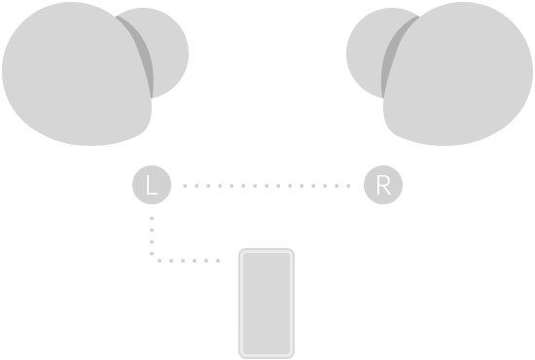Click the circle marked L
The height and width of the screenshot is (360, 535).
point(151,184)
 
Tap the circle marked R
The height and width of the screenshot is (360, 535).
point(382,184)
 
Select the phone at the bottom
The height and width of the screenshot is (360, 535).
point(266,305)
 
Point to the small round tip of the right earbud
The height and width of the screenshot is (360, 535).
point(370,54)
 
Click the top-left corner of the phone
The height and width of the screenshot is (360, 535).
point(241,252)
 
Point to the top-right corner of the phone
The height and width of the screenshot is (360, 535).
point(291,252)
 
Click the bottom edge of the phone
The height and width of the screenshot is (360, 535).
point(266,357)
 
